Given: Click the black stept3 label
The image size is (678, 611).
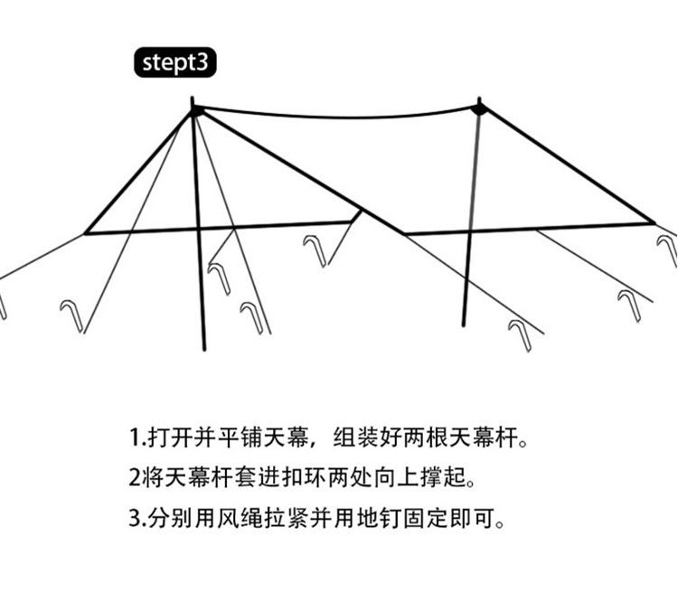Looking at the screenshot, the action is [x=175, y=63].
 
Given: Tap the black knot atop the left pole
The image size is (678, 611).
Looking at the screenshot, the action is [x=195, y=111].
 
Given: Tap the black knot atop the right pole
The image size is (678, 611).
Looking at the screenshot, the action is [x=479, y=109].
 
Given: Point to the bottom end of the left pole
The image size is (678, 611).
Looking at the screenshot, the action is [x=205, y=349].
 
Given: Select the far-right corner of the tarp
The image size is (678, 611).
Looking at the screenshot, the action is [x=653, y=221].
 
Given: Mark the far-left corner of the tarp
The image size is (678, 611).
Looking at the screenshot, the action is [x=86, y=233].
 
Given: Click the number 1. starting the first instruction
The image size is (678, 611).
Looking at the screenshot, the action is [x=137, y=439].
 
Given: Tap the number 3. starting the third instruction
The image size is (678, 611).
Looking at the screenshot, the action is [x=137, y=520].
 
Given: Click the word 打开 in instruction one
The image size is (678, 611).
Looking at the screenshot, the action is [x=168, y=439].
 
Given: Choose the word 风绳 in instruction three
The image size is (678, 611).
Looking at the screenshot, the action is [x=248, y=520].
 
